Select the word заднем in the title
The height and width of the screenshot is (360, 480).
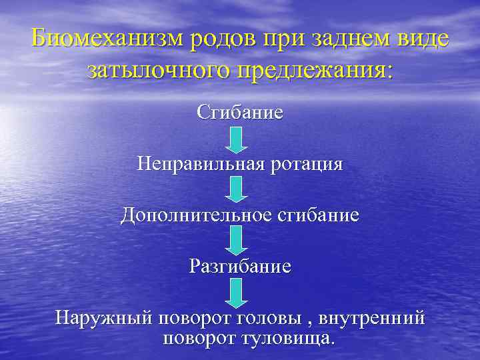point(356,40)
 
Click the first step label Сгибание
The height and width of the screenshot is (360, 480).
point(240,112)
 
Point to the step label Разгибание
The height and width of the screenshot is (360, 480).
point(240,267)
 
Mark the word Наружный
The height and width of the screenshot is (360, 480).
point(103,318)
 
